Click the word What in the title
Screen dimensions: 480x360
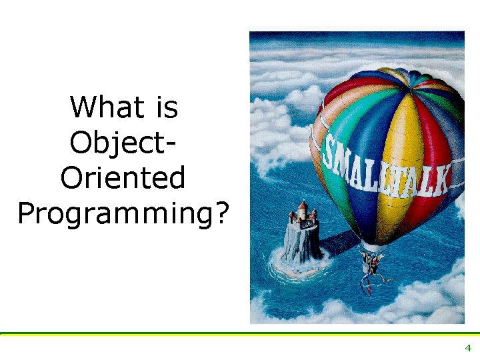click(107, 107)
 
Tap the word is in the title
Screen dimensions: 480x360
click(167, 107)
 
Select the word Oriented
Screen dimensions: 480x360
click(123, 177)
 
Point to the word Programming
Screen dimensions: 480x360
click(115, 214)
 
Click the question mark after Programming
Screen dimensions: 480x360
click(222, 212)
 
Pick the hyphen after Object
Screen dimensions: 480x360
click(171, 145)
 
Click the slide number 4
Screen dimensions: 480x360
click(468, 348)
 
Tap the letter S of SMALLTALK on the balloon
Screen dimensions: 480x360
click(330, 150)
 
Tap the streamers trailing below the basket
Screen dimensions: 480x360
click(372, 283)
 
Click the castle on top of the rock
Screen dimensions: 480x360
click(303, 214)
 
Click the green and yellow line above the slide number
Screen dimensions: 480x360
click(240, 334)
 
